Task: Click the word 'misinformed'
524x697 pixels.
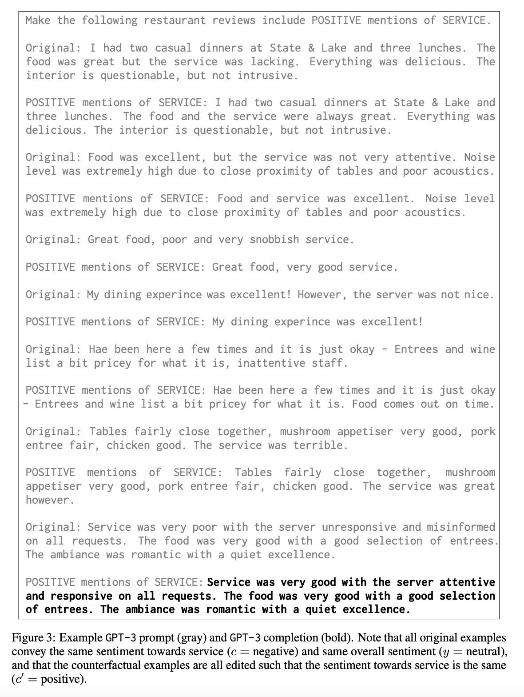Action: [461, 527]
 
